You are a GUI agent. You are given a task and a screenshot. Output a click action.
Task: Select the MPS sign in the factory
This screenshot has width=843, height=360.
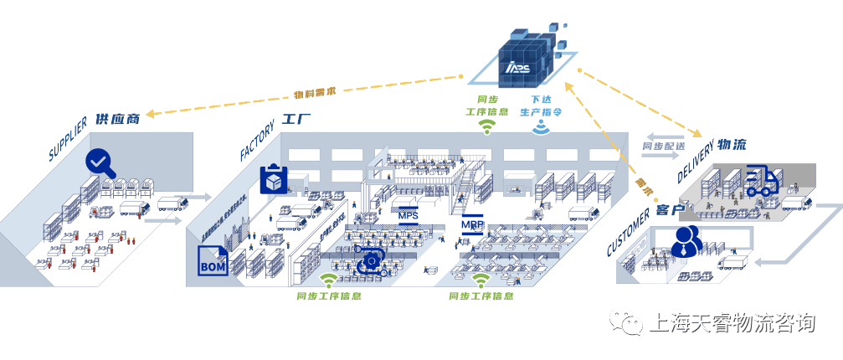pyautogui.click(x=408, y=215)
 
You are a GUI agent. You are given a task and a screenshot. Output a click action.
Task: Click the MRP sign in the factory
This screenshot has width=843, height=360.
pyautogui.click(x=472, y=225)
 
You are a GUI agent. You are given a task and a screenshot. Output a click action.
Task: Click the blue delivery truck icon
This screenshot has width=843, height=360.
pyautogui.click(x=762, y=180)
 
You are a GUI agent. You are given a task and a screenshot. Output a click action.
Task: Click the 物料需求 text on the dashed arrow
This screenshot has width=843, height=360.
pyautogui.click(x=315, y=91)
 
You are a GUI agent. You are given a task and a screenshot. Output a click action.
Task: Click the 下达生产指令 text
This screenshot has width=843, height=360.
pyautogui.click(x=541, y=105)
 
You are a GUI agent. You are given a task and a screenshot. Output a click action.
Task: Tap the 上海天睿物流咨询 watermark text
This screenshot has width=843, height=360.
pyautogui.click(x=732, y=323)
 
